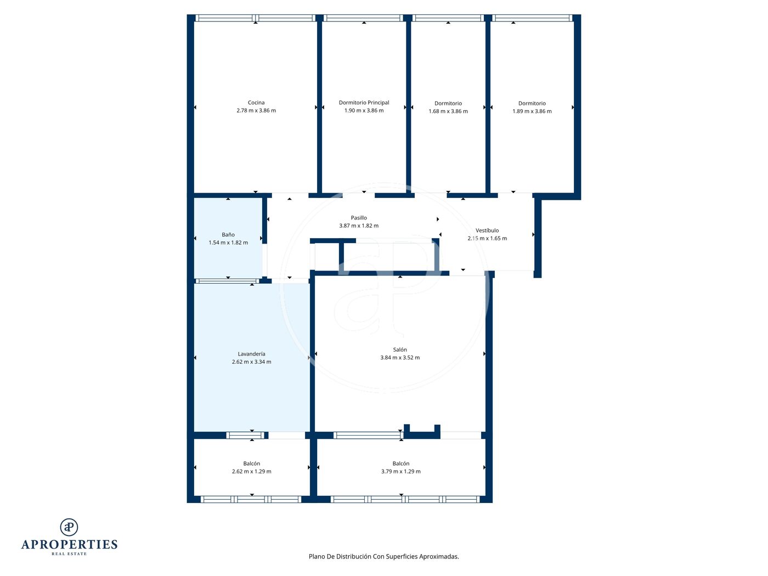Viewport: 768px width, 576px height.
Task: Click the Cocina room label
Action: point(256,103)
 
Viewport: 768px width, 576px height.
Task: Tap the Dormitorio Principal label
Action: point(364,103)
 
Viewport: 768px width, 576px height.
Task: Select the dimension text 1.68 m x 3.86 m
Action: point(448,111)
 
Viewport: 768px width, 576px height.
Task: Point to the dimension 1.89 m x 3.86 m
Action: point(532,111)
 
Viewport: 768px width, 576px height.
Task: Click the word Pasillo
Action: point(359,218)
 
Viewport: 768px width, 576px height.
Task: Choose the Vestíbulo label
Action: point(487,230)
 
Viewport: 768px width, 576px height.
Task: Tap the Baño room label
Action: point(228,234)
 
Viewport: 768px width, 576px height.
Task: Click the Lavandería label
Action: point(252,354)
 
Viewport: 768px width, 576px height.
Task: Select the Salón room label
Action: point(400,349)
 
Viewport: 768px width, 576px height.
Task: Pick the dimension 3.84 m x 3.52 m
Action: point(400,358)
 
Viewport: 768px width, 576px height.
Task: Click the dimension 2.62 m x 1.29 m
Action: point(252,471)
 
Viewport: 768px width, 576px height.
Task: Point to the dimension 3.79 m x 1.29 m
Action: point(401,471)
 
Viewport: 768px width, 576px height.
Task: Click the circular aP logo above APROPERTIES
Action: point(69,527)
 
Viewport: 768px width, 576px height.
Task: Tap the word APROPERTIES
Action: point(69,545)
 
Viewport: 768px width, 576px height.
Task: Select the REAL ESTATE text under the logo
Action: point(69,554)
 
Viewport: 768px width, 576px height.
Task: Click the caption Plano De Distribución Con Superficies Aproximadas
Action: point(384,556)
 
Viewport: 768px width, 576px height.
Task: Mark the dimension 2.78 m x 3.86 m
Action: point(256,110)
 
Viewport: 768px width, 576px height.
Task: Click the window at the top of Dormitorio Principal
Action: point(363,18)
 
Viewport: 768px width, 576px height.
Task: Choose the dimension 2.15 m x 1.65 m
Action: point(487,238)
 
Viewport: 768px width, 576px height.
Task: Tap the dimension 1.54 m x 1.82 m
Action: point(228,242)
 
